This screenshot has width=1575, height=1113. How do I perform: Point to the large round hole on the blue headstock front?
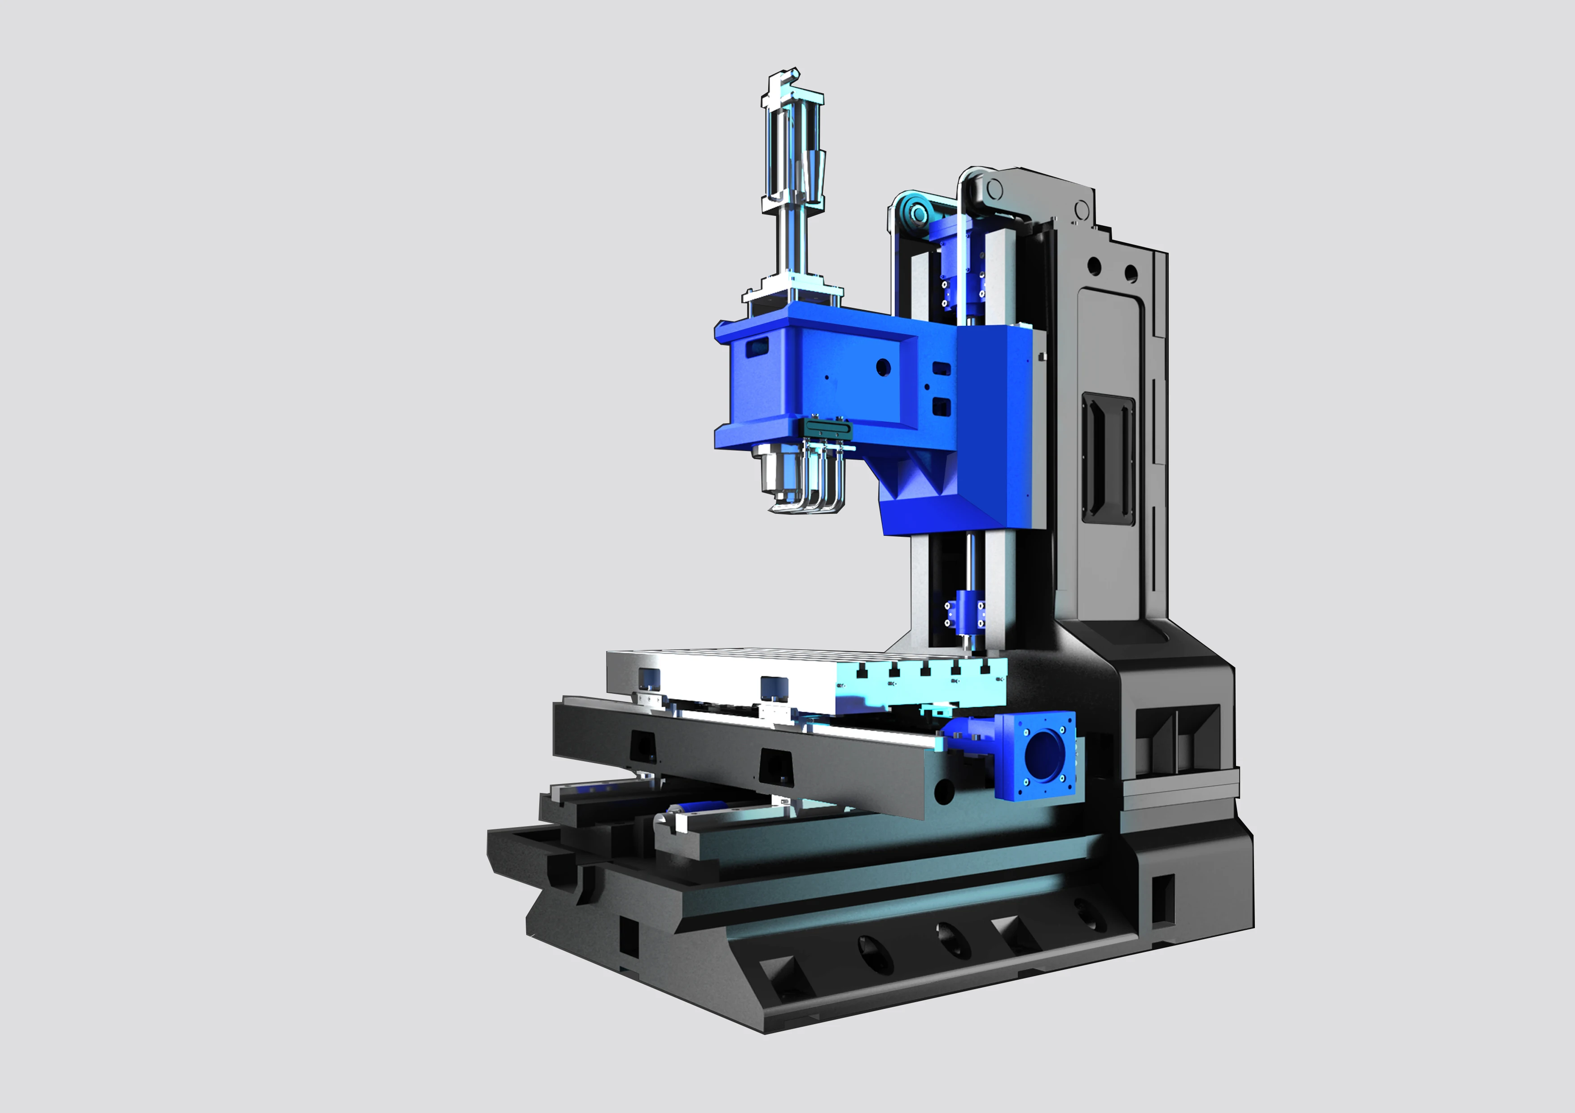tap(884, 368)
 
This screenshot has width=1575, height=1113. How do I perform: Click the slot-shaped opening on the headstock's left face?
tap(757, 347)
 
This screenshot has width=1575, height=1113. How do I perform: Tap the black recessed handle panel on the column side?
tap(1106, 458)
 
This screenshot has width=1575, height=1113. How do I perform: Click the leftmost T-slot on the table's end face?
tap(862, 668)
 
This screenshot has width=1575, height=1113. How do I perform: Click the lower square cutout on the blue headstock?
tap(941, 408)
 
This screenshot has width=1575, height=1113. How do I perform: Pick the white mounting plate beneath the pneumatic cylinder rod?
tap(792, 291)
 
